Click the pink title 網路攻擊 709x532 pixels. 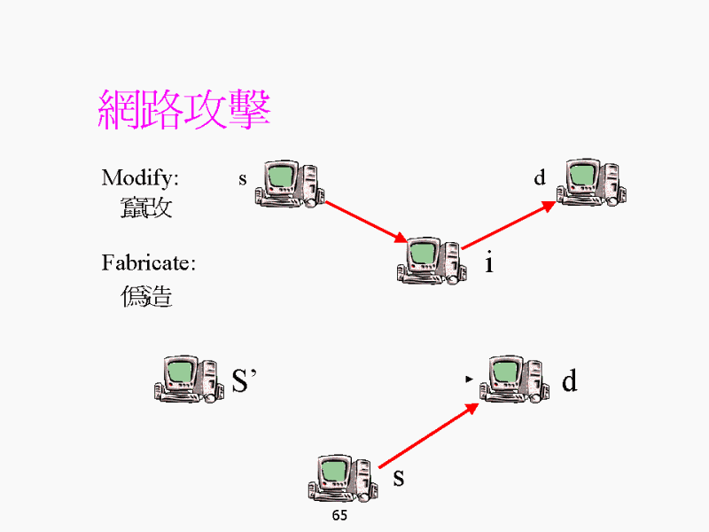(x=183, y=110)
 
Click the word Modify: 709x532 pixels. (x=140, y=177)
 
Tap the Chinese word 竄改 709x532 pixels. (x=147, y=209)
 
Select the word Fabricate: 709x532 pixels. (x=148, y=262)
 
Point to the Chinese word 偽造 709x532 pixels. (x=147, y=296)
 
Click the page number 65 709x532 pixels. (x=339, y=515)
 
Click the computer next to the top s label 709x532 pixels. (x=290, y=184)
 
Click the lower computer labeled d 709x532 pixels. (x=513, y=379)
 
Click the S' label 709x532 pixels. (x=243, y=380)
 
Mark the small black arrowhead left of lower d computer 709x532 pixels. (x=468, y=379)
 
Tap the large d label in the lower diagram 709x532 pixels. (x=569, y=381)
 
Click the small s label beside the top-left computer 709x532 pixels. (x=243, y=179)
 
